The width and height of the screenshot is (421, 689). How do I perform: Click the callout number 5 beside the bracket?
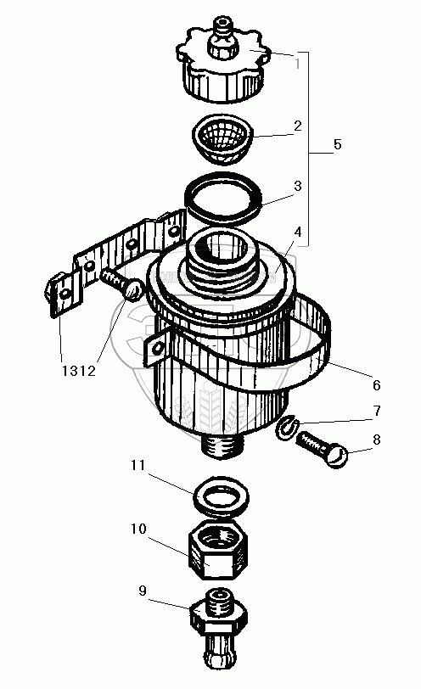(x=337, y=144)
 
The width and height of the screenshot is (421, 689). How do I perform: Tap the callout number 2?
(x=298, y=126)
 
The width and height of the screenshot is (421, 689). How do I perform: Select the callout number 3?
(x=298, y=186)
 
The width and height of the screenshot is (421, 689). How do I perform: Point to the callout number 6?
(x=377, y=385)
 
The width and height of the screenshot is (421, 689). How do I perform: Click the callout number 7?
(x=377, y=412)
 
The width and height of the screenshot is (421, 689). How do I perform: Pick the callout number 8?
(x=377, y=440)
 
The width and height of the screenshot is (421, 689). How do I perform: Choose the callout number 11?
(x=138, y=465)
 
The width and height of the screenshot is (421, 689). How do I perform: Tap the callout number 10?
(x=138, y=529)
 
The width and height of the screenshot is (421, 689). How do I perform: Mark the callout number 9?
(x=142, y=591)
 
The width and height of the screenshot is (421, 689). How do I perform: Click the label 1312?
(x=78, y=372)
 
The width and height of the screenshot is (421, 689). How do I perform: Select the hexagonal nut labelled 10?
(x=218, y=549)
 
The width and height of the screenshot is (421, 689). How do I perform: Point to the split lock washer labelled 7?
(x=288, y=428)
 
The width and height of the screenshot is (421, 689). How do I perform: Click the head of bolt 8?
(x=337, y=457)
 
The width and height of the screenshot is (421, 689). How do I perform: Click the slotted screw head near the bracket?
(x=133, y=291)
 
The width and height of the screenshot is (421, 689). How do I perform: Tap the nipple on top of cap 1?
(x=224, y=38)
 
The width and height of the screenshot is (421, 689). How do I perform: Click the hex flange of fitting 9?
(x=218, y=619)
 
